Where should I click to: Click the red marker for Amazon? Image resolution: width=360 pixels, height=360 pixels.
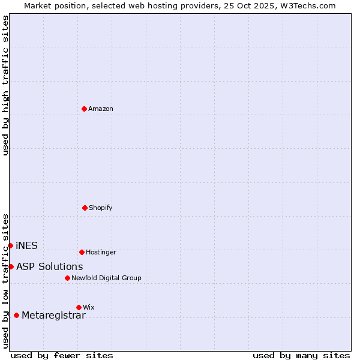click(x=85, y=109)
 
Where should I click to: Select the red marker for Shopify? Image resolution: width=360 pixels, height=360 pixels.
click(x=85, y=208)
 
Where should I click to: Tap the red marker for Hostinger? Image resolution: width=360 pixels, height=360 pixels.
click(x=82, y=252)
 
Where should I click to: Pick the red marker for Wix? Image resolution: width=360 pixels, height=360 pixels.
click(x=79, y=307)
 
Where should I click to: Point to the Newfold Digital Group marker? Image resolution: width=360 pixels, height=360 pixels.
click(x=67, y=278)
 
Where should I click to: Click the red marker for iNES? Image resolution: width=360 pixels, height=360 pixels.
click(x=10, y=245)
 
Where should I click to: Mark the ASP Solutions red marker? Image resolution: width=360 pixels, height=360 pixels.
click(x=11, y=266)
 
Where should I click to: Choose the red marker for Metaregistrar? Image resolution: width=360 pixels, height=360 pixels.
click(x=16, y=315)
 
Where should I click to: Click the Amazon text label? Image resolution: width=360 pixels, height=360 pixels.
click(x=101, y=109)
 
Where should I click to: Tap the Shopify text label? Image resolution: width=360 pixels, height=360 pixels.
click(x=101, y=208)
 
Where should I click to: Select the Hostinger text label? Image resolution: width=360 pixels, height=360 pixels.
click(x=101, y=253)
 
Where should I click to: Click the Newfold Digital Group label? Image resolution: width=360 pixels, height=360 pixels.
click(x=106, y=278)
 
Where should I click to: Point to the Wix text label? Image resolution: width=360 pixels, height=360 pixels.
click(x=89, y=308)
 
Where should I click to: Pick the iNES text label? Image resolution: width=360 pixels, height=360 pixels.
click(x=26, y=245)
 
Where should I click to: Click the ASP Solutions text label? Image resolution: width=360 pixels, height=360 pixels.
click(x=50, y=266)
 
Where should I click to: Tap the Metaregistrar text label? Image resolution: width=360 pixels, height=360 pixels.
click(x=53, y=316)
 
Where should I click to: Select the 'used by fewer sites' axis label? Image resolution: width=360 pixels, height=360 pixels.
click(x=62, y=355)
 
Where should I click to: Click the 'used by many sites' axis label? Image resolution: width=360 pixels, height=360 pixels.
click(x=301, y=355)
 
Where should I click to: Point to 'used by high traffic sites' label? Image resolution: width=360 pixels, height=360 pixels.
click(x=5, y=85)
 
